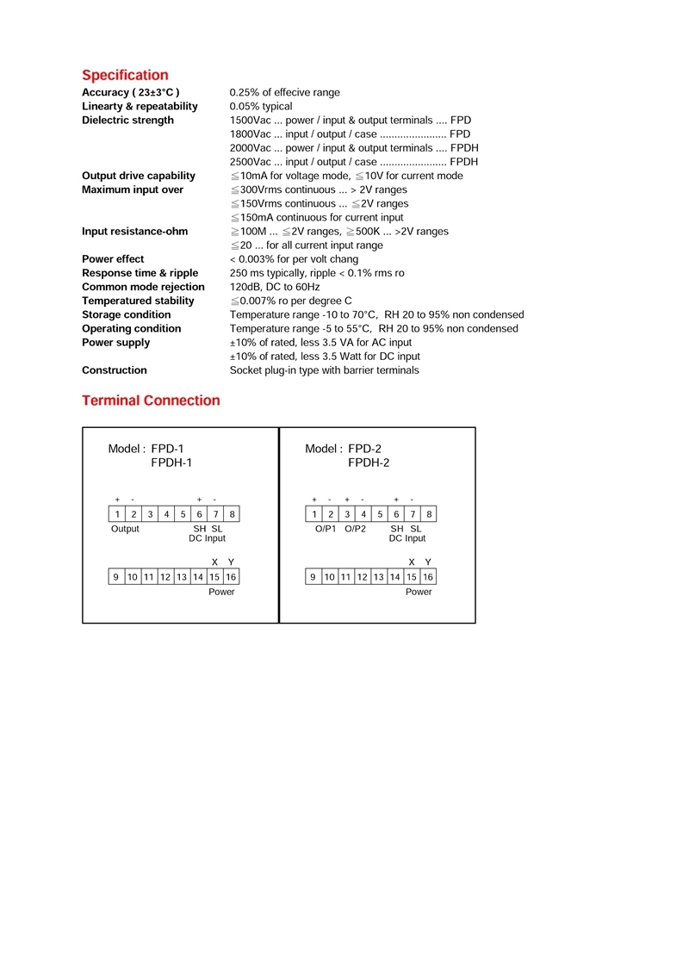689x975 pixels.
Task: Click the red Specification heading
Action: click(125, 75)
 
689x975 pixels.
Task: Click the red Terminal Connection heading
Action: click(151, 401)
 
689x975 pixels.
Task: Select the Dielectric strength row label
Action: click(127, 121)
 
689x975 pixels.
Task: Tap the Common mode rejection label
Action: click(143, 287)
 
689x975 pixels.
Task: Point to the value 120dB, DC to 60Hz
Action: click(275, 287)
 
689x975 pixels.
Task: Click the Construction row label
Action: click(115, 370)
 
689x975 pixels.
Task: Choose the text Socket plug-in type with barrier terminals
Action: click(324, 370)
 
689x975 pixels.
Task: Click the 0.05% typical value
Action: click(261, 107)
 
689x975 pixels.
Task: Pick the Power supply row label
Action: click(115, 343)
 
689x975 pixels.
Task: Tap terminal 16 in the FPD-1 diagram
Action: click(231, 577)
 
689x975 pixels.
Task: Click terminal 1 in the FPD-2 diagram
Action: click(314, 514)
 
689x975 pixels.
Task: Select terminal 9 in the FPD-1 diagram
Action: click(116, 577)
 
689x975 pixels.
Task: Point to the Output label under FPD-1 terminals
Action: click(125, 529)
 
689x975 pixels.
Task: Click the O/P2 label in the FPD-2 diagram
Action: click(355, 529)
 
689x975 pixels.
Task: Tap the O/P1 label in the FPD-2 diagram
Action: click(326, 529)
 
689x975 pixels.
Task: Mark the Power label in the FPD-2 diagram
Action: click(419, 592)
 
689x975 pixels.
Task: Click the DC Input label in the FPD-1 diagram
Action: click(208, 538)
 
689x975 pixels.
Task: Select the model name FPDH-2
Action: click(369, 463)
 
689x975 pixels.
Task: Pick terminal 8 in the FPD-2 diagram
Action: click(429, 514)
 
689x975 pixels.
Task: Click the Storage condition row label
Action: click(127, 314)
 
